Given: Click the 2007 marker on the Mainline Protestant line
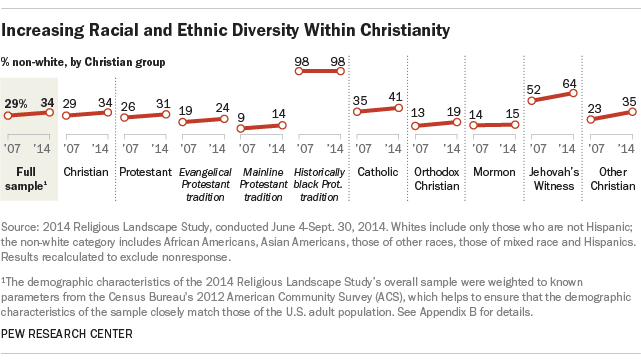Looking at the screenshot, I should coord(240,130).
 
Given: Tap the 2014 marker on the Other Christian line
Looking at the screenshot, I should coord(630,112).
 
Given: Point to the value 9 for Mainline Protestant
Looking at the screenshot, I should coord(240,118).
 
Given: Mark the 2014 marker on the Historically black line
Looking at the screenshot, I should coord(342,72).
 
